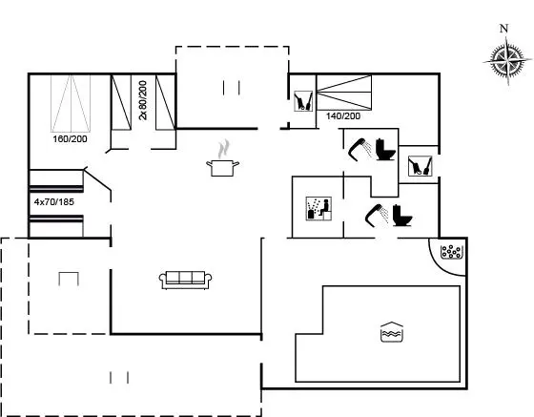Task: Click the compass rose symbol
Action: pyautogui.click(x=507, y=62)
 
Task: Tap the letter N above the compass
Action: pyautogui.click(x=504, y=29)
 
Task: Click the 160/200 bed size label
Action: pyautogui.click(x=70, y=139)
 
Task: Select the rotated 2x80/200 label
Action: pyautogui.click(x=143, y=100)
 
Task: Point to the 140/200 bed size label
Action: pyautogui.click(x=343, y=116)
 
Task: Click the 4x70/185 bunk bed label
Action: pyautogui.click(x=54, y=202)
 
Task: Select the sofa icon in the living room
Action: pyautogui.click(x=185, y=281)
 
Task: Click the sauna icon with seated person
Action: pyautogui.click(x=318, y=208)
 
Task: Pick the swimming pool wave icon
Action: pyautogui.click(x=392, y=331)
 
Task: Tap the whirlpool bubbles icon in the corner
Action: pyautogui.click(x=451, y=252)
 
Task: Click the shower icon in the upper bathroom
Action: pyautogui.click(x=360, y=149)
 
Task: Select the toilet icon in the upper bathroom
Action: pyautogui.click(x=385, y=150)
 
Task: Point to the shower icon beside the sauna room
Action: pyautogui.click(x=377, y=215)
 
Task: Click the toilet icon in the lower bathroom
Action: pyautogui.click(x=402, y=216)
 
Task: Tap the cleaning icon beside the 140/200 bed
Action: pyautogui.click(x=303, y=101)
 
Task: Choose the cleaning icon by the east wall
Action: pyautogui.click(x=421, y=166)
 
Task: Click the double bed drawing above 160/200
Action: pyautogui.click(x=71, y=104)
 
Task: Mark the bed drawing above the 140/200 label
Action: pyautogui.click(x=344, y=93)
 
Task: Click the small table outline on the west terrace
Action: pyautogui.click(x=69, y=279)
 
